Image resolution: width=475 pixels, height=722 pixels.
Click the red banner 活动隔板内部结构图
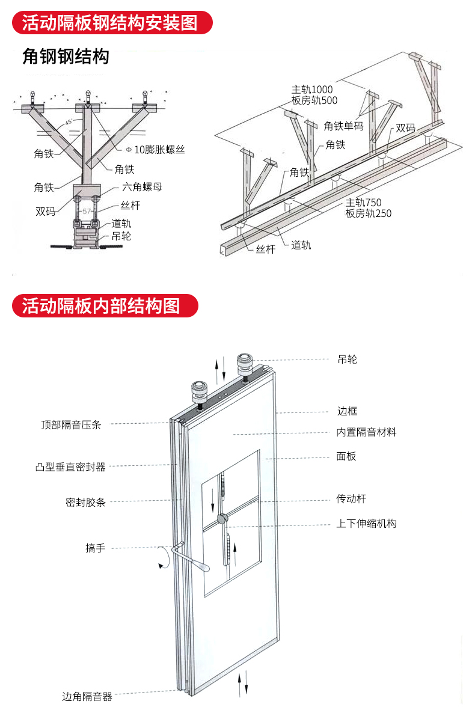[x=101, y=305]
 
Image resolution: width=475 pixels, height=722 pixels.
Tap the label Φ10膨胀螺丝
[x=155, y=149]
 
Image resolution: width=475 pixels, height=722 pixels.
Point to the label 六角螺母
[x=142, y=187]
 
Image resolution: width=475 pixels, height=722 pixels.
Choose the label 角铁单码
[x=343, y=126]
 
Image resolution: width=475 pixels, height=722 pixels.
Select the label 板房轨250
[x=368, y=213]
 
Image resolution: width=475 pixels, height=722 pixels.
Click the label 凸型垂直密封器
[x=70, y=467]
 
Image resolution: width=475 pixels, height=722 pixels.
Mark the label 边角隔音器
[x=87, y=697]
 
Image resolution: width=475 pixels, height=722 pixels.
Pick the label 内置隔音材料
[x=366, y=432]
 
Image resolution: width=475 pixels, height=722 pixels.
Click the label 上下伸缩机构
[x=366, y=524]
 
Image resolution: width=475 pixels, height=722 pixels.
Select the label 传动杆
[x=351, y=499]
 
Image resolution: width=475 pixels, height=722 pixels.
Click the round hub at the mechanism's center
[x=222, y=518]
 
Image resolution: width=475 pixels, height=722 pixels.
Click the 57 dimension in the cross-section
[x=87, y=211]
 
